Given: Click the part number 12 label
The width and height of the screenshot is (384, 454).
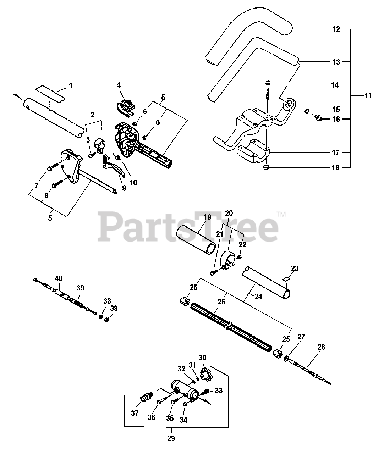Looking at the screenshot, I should click(x=336, y=29).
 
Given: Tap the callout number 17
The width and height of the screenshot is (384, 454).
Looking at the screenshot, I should click(x=336, y=153).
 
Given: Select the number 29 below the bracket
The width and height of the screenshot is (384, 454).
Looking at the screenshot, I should click(x=171, y=438).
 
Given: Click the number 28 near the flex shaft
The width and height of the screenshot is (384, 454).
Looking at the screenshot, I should click(x=321, y=347).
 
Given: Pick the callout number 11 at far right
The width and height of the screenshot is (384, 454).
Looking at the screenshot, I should click(x=368, y=95).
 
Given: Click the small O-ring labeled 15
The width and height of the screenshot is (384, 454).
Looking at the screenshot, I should click(x=306, y=111).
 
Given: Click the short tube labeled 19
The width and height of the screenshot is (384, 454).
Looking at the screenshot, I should click(x=196, y=241).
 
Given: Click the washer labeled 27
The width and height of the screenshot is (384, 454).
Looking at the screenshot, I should click(x=285, y=359).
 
